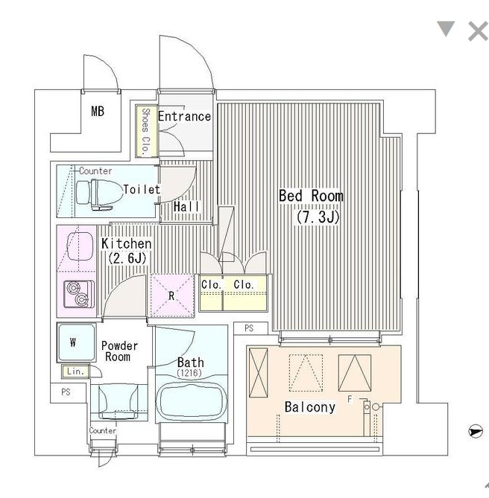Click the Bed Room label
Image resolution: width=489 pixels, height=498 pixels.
point(311,196)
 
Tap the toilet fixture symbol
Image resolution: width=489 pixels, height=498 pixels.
point(99,194)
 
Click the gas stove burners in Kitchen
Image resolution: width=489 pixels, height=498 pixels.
point(79,294)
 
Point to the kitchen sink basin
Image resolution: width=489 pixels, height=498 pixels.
point(80,246)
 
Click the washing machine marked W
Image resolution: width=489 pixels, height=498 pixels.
point(76,342)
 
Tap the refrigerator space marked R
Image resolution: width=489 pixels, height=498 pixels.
point(172,296)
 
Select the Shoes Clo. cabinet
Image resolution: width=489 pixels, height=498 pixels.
point(146,131)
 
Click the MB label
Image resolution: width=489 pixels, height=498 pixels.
point(98,112)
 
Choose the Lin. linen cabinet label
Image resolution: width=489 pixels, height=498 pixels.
point(75,371)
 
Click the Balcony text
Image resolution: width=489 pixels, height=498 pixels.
point(309,407)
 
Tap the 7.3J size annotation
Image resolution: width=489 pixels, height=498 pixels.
point(318,217)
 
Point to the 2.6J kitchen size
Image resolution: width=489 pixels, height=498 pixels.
point(127,258)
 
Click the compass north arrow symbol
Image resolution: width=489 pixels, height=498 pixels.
point(476,431)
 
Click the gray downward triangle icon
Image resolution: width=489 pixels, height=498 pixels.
point(446,28)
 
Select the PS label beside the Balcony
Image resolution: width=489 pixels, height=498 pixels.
point(249,328)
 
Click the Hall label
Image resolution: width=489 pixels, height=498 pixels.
point(186,207)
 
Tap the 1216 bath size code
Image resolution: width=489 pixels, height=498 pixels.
point(189,373)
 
